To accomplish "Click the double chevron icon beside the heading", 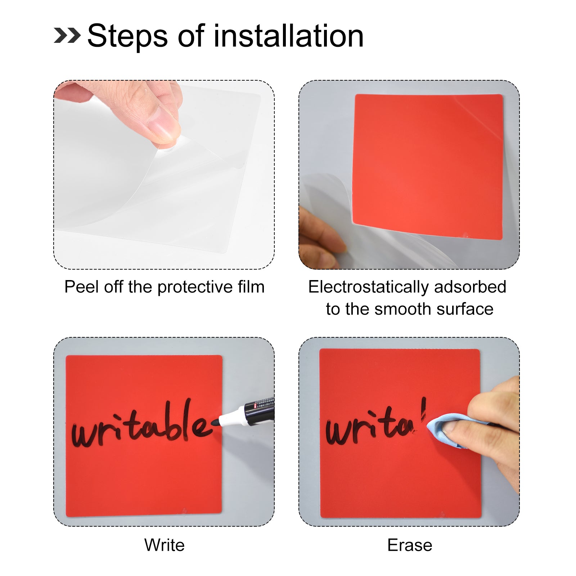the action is pos(67,36).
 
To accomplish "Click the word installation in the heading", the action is pos(289,36).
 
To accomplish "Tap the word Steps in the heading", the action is pos(128,36).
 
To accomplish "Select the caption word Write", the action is pos(165,545).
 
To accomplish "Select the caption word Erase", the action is pos(410,545).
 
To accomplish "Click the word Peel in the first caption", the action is pos(81,287).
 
